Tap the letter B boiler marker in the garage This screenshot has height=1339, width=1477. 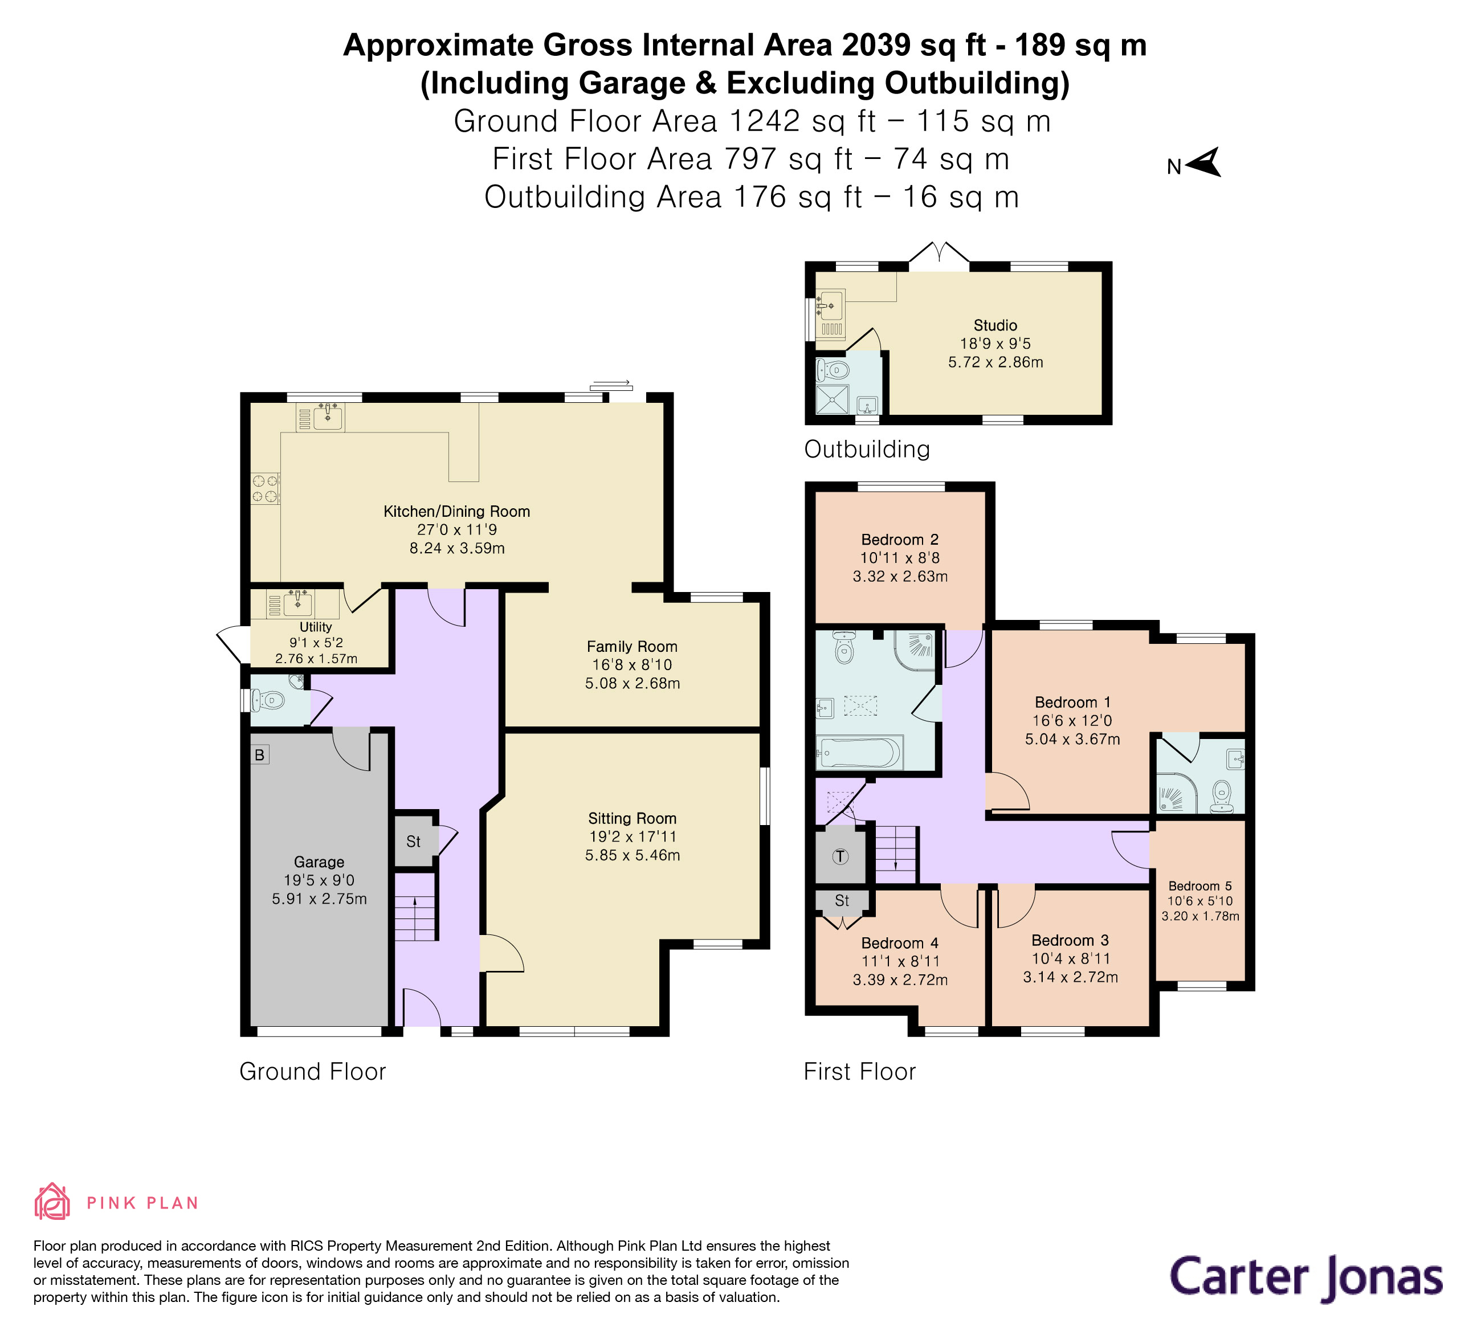(259, 754)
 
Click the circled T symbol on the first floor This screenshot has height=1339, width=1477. (840, 856)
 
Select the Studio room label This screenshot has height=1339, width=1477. (995, 325)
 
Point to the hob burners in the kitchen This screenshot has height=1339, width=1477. (265, 488)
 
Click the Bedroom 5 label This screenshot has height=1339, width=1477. (1200, 885)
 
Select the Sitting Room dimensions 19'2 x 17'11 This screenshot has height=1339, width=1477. (633, 836)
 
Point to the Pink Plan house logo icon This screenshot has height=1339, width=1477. (52, 1201)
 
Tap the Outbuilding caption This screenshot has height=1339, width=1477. (867, 449)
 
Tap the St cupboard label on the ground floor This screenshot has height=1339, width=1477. (413, 842)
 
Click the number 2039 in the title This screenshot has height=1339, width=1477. (876, 46)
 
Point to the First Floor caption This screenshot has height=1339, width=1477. (859, 1072)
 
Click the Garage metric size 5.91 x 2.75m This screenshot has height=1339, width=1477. (320, 899)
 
